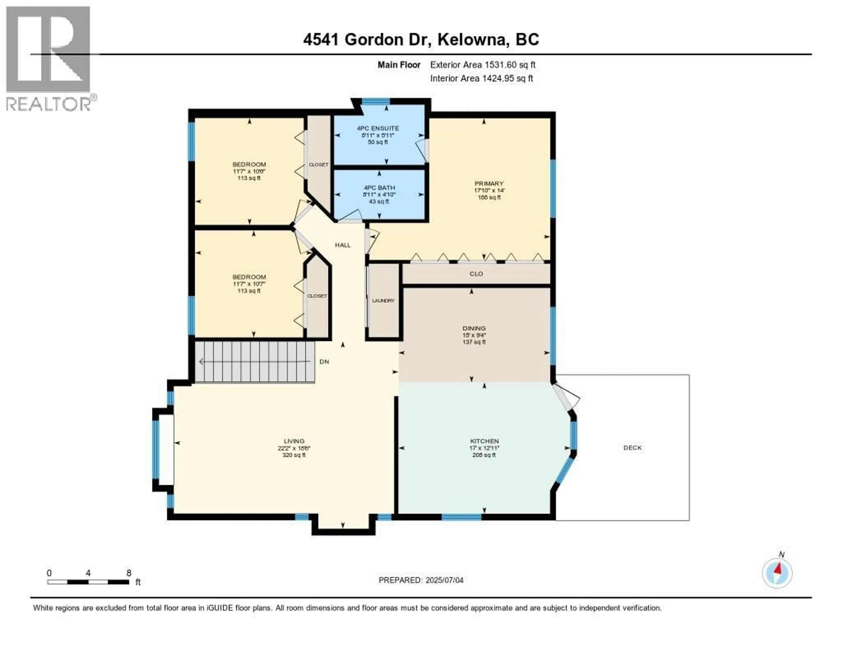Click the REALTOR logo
[x=49, y=58]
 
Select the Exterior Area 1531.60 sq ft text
[x=483, y=65]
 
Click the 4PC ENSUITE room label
[x=378, y=128]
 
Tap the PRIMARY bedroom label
[x=489, y=183]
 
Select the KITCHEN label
[x=484, y=441]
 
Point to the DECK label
[x=632, y=448]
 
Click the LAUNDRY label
[x=383, y=300]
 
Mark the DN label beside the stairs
[x=324, y=362]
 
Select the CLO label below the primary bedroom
[x=476, y=273]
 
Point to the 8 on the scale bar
[x=129, y=573]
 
